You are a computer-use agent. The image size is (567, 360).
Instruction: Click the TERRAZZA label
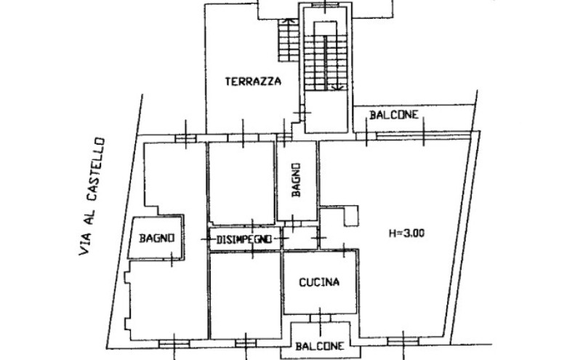click(253, 81)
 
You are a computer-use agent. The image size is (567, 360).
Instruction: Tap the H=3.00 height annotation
click(406, 233)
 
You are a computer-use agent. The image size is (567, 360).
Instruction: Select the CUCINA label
click(319, 282)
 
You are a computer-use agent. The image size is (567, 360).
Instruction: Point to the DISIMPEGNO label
click(244, 239)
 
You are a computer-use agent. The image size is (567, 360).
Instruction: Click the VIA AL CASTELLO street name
click(92, 196)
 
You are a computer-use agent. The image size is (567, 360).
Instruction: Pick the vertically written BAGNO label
click(296, 180)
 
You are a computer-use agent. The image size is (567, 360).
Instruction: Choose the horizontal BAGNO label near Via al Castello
click(157, 238)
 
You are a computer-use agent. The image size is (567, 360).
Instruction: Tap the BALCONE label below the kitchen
click(320, 346)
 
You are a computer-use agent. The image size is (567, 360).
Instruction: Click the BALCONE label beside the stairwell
click(394, 115)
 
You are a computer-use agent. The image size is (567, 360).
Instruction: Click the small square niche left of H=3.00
click(351, 216)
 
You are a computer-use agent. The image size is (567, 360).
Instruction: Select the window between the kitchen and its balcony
click(320, 318)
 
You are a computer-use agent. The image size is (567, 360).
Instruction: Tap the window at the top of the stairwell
click(325, 4)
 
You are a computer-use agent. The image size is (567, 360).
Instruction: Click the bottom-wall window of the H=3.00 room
click(403, 341)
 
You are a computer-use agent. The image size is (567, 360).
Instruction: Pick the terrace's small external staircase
click(289, 40)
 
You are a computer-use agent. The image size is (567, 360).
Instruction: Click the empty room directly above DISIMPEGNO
click(241, 183)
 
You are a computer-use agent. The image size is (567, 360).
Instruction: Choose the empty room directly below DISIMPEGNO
click(246, 295)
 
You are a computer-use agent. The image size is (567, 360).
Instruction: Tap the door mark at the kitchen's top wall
click(344, 249)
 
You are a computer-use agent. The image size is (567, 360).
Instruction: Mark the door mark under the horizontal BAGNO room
click(172, 259)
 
